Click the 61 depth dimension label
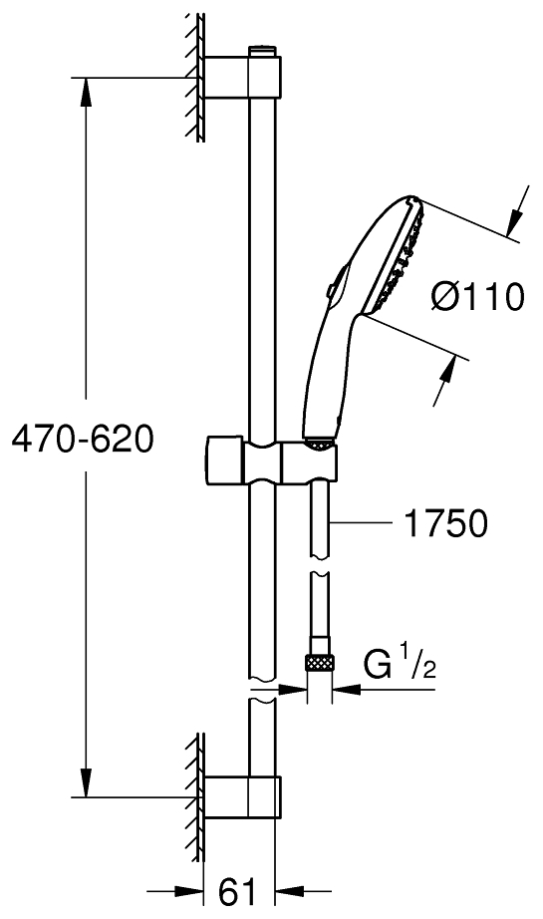click(239, 890)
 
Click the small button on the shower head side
click(330, 289)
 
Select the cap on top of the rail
click(260, 49)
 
